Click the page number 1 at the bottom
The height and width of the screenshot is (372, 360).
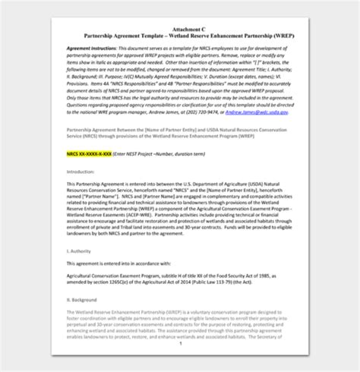click(x=179, y=364)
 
